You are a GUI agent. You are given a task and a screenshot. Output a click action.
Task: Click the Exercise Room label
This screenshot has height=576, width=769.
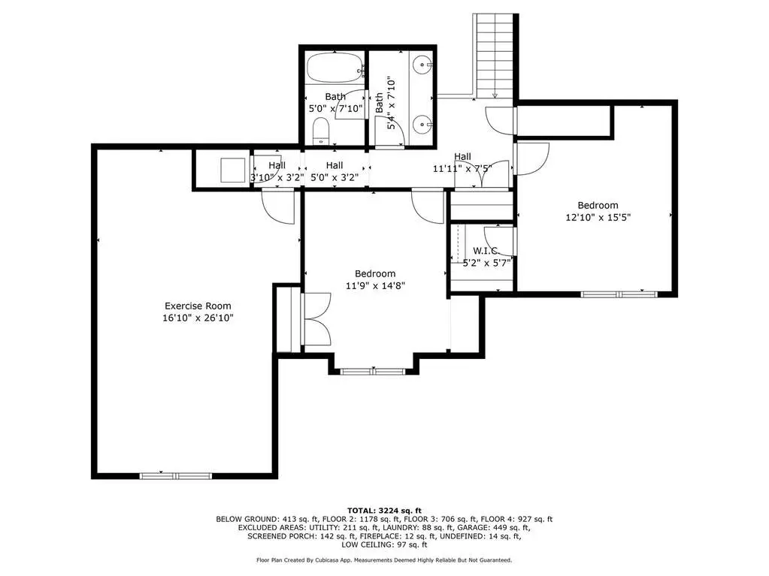198,306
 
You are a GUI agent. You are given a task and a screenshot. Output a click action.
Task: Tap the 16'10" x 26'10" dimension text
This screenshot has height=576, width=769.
198,318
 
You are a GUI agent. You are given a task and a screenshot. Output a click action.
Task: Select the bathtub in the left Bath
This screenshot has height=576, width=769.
334,68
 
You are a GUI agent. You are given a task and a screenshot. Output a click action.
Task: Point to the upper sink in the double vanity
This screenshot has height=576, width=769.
422,64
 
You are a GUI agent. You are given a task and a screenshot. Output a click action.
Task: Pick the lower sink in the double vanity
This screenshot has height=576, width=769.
422,125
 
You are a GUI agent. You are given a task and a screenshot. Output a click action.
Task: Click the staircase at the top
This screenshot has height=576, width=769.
495,55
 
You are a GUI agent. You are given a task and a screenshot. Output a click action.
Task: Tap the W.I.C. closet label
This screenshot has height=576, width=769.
485,251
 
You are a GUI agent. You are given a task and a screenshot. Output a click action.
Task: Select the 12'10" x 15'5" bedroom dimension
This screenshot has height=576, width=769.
598,217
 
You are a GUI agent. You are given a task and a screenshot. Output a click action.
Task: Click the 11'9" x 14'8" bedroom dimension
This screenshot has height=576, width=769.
375,285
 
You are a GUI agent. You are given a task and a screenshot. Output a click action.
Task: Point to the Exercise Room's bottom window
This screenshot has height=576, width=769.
176,475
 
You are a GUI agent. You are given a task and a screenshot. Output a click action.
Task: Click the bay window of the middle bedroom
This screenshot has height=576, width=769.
373,371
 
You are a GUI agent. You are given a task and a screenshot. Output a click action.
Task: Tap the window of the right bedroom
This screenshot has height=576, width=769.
619,294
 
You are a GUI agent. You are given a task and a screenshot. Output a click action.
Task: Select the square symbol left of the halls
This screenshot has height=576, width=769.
232,170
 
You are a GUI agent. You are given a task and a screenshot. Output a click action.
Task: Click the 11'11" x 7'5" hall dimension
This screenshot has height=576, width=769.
462,168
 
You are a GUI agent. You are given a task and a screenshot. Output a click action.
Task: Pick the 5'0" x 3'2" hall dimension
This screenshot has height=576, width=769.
335,177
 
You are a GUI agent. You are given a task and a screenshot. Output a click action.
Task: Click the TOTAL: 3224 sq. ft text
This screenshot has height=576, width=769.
385,511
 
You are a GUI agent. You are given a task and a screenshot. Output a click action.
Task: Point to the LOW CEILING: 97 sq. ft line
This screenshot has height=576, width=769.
385,544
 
